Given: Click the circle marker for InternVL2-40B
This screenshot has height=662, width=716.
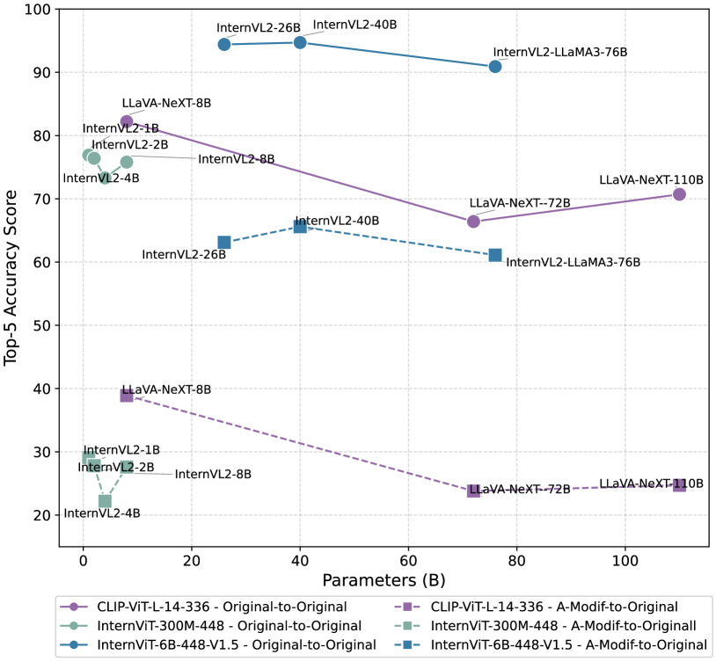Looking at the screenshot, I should click(x=300, y=42).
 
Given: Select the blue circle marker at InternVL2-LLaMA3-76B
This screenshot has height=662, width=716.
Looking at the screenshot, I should click(x=495, y=67).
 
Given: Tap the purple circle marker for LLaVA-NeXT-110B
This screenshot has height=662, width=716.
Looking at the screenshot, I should click(x=679, y=194).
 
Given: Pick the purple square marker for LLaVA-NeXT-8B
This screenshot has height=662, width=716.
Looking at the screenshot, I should click(x=127, y=396).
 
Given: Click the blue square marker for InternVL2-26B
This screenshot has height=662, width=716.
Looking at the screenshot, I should click(x=224, y=243).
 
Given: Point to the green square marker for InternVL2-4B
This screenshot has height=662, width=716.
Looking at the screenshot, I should click(x=105, y=501).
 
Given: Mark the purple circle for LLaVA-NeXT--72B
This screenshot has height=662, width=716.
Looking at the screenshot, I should click(x=473, y=222).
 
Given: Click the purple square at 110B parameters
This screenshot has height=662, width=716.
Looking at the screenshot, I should click(x=679, y=485).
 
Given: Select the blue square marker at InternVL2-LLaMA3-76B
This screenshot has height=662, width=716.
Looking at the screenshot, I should click(x=495, y=255).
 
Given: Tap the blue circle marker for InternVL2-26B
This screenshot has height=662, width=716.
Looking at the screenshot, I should click(x=224, y=44).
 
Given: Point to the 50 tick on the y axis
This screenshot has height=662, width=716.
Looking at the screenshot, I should click(x=40, y=325).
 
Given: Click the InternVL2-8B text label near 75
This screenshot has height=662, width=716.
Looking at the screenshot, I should click(x=237, y=159).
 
